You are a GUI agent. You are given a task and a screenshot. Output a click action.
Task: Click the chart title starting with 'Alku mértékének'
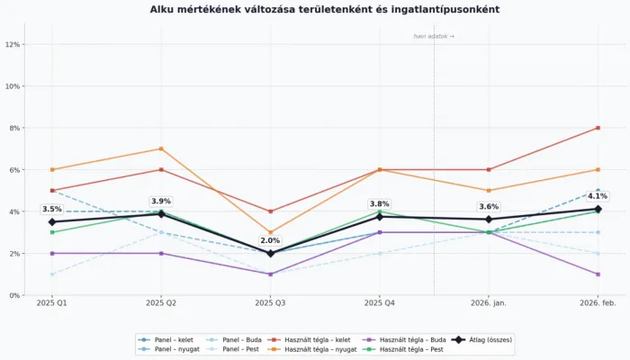point(324,9)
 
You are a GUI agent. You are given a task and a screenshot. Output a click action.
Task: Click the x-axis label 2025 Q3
point(270,304)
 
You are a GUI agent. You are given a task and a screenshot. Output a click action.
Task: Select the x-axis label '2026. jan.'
point(489,304)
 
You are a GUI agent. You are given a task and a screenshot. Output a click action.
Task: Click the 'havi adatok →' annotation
point(434,36)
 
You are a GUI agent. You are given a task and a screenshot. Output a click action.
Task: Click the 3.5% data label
point(52,209)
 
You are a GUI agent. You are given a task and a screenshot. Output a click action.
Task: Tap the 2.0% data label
point(270,240)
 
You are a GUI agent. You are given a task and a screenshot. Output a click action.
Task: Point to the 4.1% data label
point(598,195)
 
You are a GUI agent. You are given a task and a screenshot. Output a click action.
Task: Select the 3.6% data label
point(489,206)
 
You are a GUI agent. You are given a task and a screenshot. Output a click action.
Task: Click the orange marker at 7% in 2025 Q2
point(161,148)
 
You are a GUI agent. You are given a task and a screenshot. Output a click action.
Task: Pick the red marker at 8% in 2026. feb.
point(598,128)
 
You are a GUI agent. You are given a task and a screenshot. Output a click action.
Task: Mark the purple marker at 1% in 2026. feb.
point(598,274)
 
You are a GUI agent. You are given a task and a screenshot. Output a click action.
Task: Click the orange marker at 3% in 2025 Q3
point(270,232)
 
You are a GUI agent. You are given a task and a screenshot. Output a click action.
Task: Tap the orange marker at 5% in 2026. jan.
point(489,190)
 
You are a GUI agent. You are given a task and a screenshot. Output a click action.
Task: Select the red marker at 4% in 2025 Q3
point(270,211)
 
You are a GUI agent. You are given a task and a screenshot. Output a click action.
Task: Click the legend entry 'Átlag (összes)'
point(493,339)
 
